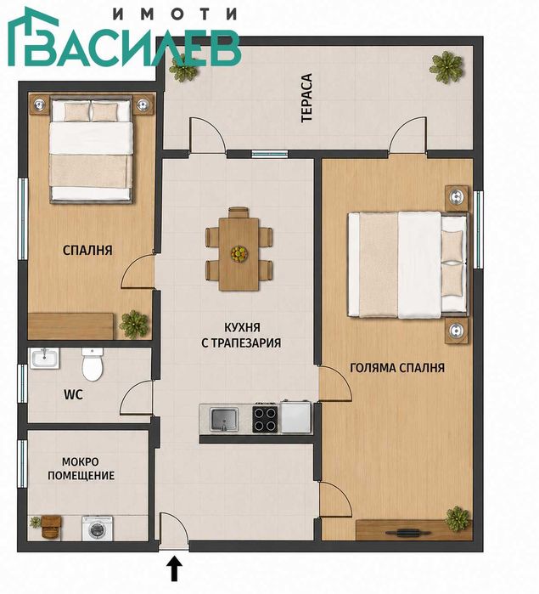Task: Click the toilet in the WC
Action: [x=93, y=365]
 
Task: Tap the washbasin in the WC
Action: [x=45, y=359]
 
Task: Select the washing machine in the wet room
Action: [x=98, y=528]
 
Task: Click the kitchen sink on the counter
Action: [x=224, y=419]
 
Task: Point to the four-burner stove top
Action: [x=266, y=419]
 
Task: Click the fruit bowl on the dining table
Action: [x=239, y=253]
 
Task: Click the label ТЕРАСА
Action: [x=306, y=98]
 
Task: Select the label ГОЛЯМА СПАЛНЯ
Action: [x=397, y=368]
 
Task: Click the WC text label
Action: [x=74, y=395]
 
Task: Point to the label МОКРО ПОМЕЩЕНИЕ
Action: [x=81, y=468]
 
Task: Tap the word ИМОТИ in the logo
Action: [x=175, y=14]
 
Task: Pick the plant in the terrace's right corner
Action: [x=446, y=67]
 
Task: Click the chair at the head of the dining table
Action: [x=239, y=212]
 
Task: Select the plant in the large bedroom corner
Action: [x=458, y=518]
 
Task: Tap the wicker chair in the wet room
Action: [x=51, y=527]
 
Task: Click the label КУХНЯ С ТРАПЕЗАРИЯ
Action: [x=241, y=335]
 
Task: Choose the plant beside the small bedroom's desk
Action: [x=133, y=325]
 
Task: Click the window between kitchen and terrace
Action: [x=270, y=154]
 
